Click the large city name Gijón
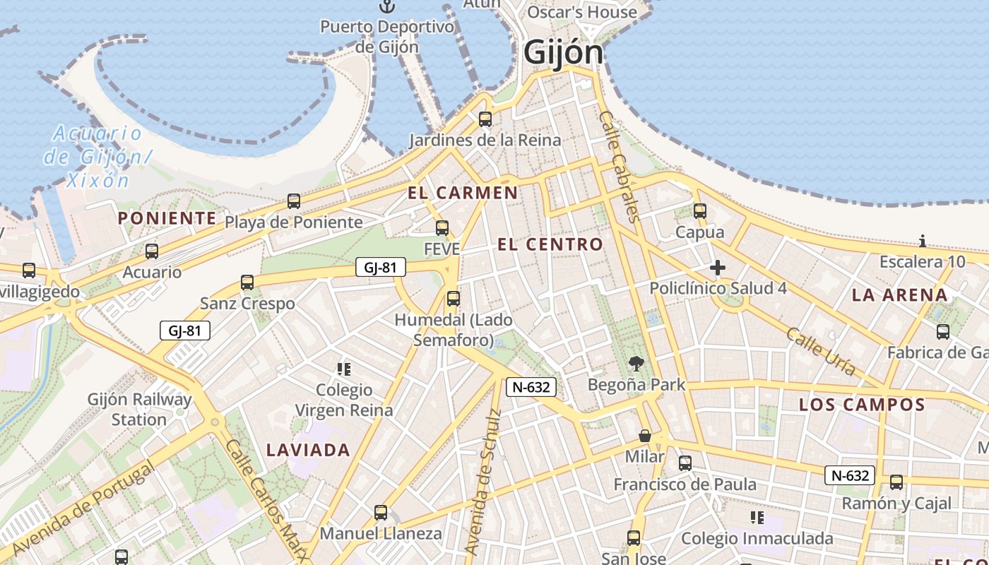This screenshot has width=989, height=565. pos(564,52)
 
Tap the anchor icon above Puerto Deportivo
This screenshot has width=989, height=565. pos(386,6)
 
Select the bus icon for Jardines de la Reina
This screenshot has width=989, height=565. pos(485,119)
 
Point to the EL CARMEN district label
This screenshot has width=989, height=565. pos(463,193)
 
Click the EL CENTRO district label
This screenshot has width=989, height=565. pos(550,245)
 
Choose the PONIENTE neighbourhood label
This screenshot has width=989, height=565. pos(167,218)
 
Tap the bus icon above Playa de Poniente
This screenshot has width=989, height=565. pos(294,201)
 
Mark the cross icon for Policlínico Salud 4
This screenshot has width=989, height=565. pos(718,268)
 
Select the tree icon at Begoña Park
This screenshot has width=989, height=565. pos(636,364)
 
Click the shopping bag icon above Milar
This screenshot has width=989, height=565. pos(644,436)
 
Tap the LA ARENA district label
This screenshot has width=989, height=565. pos(899,295)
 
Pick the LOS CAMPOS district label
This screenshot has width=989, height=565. pos(862,405)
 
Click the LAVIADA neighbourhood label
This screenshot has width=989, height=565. pos(308,450)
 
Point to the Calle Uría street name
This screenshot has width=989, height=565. pos(821,351)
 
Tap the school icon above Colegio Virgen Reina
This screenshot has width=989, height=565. pos(344,369)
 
